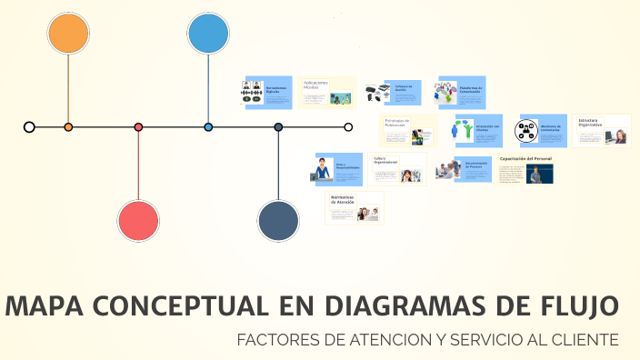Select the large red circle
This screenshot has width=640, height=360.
[138, 221]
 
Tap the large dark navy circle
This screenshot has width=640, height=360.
[278, 221]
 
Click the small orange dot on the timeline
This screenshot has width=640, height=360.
[68, 127]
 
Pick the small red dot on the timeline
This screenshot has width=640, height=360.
[138, 127]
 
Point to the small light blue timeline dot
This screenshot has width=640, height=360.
[208, 127]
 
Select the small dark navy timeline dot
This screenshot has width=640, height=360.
[278, 127]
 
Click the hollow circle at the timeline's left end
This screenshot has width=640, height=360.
[29, 127]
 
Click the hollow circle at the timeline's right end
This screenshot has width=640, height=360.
[348, 127]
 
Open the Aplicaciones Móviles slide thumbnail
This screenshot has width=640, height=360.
[327, 93]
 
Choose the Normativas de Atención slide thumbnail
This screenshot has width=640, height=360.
[355, 207]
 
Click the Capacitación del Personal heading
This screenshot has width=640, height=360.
[525, 159]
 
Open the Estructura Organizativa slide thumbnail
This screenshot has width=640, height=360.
[603, 130]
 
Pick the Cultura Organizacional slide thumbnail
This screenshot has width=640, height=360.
[397, 169]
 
